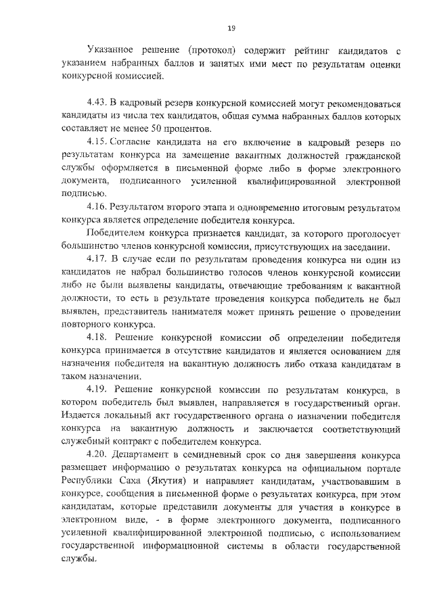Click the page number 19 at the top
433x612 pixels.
[x=231, y=28]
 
